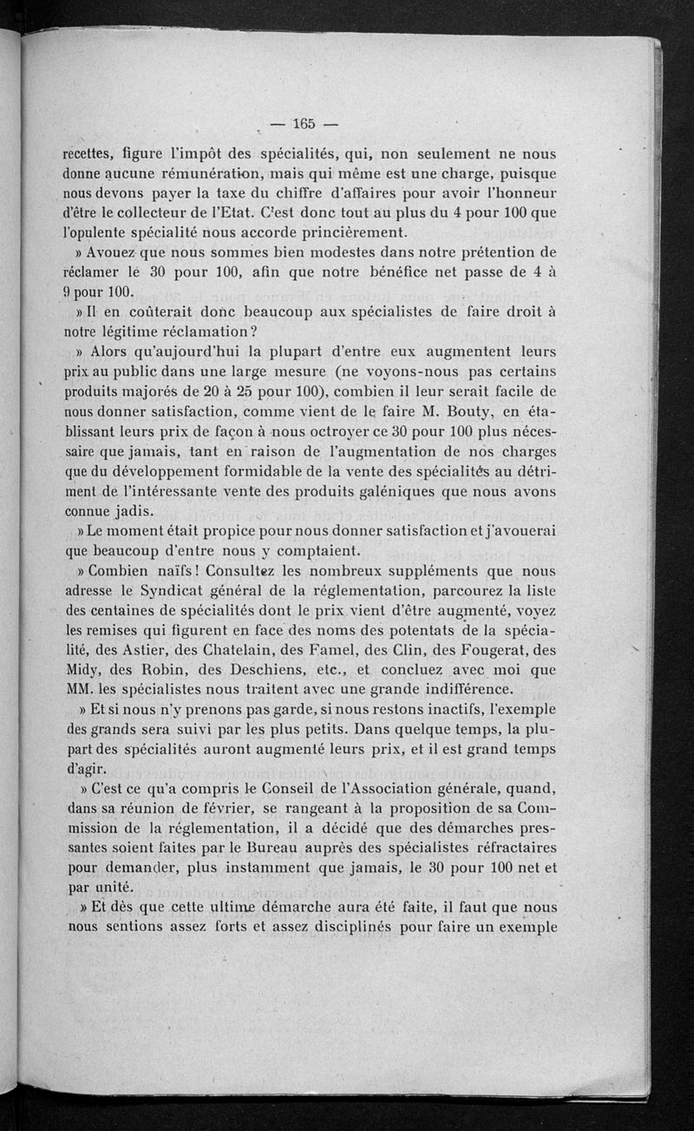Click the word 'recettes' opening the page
point(93,156)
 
